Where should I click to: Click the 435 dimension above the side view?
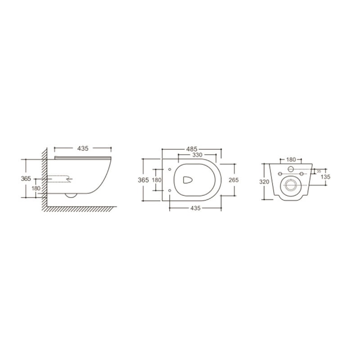coord(82,148)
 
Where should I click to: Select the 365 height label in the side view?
coord(26,179)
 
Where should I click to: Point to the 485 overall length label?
coord(192,148)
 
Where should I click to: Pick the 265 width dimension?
coord(233,180)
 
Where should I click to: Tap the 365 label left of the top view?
coord(143,180)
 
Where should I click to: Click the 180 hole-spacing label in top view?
coord(156,180)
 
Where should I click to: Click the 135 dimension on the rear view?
coord(325,177)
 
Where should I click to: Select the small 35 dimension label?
coord(319,171)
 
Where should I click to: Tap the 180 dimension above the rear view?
coord(291,159)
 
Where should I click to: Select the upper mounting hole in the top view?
coord(169,169)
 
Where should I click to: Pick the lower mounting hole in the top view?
coord(169,191)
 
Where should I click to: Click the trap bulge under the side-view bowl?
coord(71,195)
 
